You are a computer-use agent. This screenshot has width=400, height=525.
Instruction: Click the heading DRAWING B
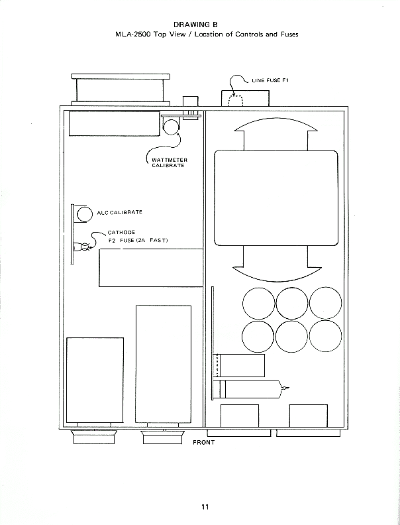[195, 25]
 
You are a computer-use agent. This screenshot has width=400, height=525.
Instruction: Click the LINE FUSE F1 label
[270, 80]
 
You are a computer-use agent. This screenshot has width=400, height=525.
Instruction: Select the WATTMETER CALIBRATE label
[170, 162]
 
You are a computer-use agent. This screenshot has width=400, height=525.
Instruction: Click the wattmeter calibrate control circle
[172, 127]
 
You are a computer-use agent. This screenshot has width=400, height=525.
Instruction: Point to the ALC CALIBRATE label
[119, 212]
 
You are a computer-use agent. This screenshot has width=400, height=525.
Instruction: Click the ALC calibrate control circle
[85, 214]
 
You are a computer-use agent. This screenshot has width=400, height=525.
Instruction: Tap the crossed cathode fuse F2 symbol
[85, 247]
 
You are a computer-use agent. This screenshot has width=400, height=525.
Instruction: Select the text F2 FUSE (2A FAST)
[138, 241]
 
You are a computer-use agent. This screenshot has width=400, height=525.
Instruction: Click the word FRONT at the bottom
[204, 442]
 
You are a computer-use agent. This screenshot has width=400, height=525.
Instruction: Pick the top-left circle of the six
[258, 304]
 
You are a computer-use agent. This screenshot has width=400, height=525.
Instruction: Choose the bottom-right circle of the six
[325, 336]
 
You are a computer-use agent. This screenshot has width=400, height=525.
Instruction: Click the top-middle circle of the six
[292, 304]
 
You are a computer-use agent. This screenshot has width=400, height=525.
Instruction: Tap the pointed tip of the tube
[289, 388]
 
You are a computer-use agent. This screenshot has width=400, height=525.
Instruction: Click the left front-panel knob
[95, 437]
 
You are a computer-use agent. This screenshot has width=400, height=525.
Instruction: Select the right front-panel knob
[162, 437]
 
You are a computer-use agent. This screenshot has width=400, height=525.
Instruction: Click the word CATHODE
[121, 233]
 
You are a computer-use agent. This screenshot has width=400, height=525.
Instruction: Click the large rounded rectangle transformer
[276, 198]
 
